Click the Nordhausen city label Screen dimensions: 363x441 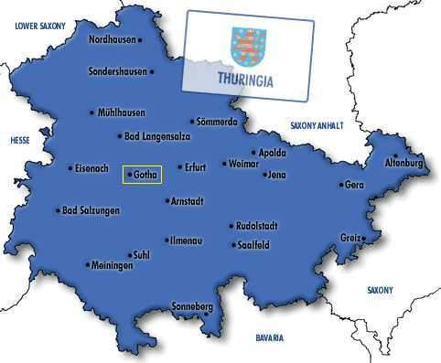(x=116, y=39)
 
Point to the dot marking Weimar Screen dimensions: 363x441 (x=224, y=165)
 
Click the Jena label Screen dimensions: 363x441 (x=276, y=174)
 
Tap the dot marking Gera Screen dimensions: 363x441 (x=341, y=185)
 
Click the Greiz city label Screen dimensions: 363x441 (x=350, y=238)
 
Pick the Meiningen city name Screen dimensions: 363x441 (x=113, y=265)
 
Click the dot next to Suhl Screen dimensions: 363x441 (x=129, y=255)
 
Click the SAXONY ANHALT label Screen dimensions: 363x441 (x=319, y=124)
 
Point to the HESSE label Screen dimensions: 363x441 (x=20, y=141)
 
